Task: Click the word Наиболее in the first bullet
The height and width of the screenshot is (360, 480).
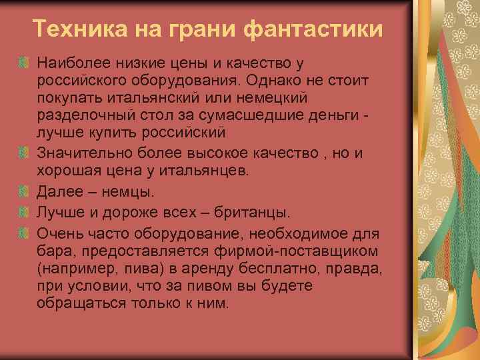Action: [67, 63]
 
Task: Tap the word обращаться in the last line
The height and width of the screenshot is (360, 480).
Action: [77, 303]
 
